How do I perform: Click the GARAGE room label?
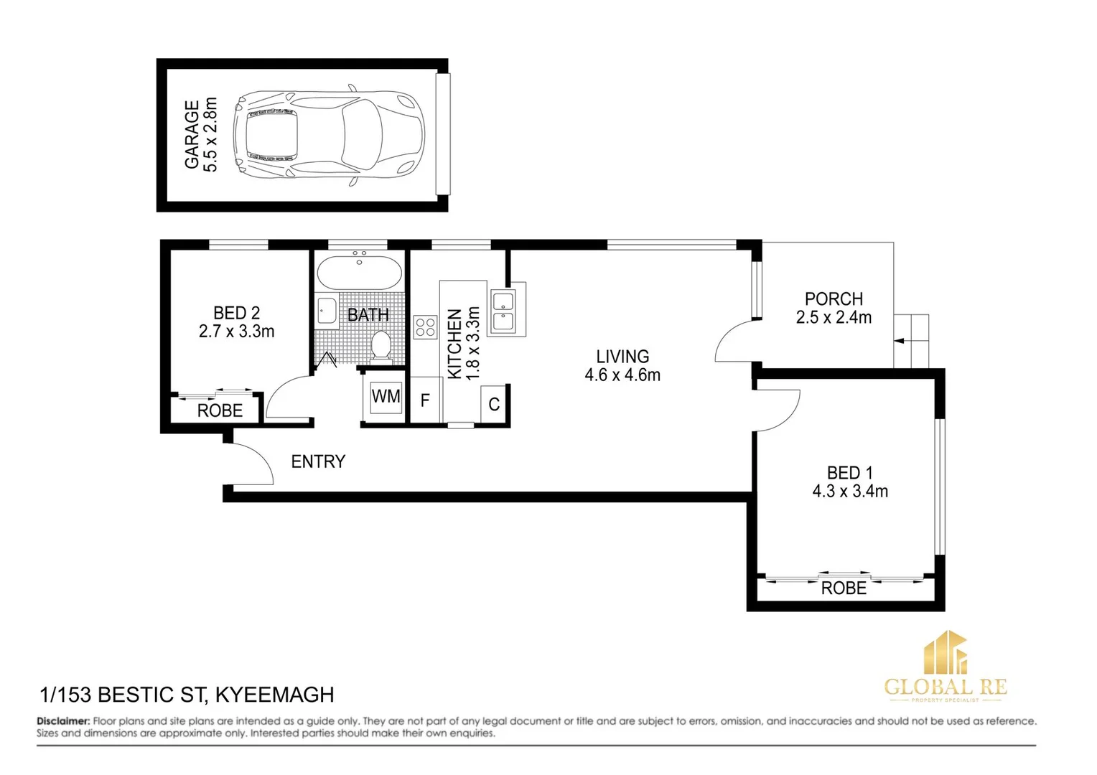coord(192,135)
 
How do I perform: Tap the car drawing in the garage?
coord(330,135)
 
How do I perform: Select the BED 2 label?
coord(236,313)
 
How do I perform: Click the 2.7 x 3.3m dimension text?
coord(236,332)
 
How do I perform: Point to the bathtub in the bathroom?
coord(359,272)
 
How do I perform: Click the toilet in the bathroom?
coord(381,346)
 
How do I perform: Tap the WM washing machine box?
coord(386,397)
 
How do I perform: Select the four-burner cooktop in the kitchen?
coord(425,327)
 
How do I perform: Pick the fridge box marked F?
coord(425,400)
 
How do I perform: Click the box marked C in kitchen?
coord(494,405)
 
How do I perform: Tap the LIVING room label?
coord(622,357)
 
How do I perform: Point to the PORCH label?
coord(834,299)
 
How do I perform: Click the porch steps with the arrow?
coord(911,342)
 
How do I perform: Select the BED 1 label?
coord(850,473)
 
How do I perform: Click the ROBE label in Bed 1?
coord(844,588)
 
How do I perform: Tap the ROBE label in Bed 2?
coord(220,410)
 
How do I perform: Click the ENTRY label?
coord(318,461)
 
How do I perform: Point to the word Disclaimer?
coord(63,721)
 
